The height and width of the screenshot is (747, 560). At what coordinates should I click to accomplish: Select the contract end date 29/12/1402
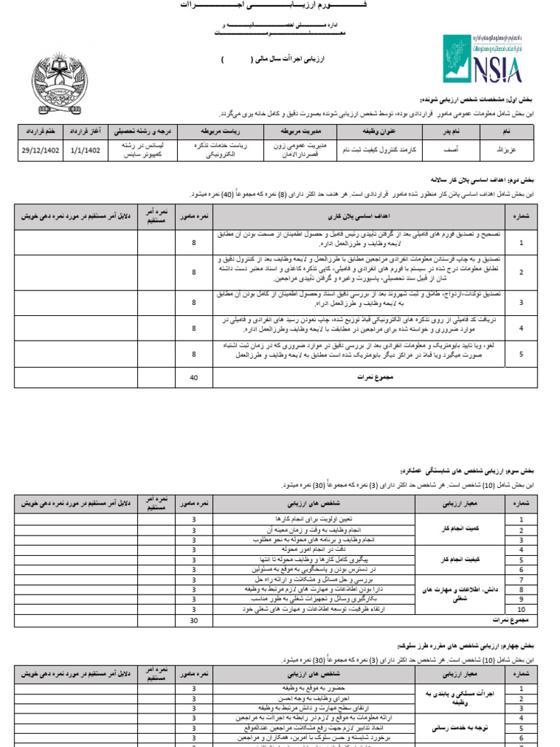(x=40, y=150)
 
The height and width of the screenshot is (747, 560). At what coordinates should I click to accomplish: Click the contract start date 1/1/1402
(x=86, y=150)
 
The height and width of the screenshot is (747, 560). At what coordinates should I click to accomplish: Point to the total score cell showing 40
(x=194, y=377)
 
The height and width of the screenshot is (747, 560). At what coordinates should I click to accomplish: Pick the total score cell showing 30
(x=194, y=621)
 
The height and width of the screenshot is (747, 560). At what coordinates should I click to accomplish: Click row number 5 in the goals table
(x=521, y=354)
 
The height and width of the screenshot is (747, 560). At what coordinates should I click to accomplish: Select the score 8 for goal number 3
(x=194, y=301)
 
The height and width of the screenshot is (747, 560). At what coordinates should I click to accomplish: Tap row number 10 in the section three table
(x=521, y=608)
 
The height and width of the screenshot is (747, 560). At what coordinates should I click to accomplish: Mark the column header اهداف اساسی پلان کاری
(x=359, y=217)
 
